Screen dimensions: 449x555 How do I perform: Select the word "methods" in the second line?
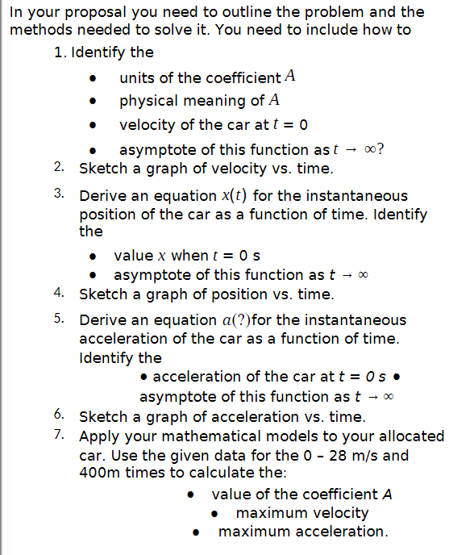pyautogui.click(x=37, y=30)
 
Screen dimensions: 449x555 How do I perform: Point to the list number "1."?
pyautogui.click(x=59, y=53)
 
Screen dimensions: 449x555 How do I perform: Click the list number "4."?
pyautogui.click(x=59, y=294)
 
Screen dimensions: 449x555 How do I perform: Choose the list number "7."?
pyautogui.click(x=59, y=436)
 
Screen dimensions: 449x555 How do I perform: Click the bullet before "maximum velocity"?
pyautogui.click(x=215, y=514)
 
